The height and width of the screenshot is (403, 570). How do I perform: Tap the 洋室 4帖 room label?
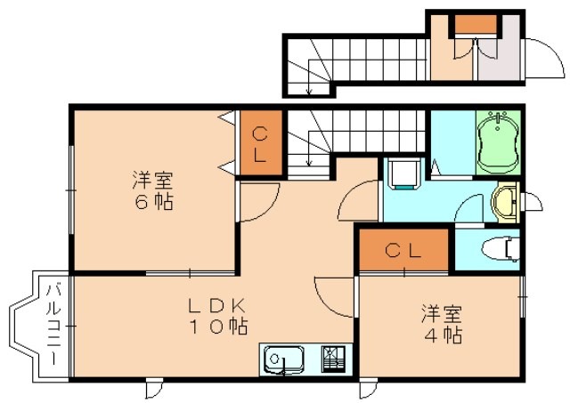tap(442, 325)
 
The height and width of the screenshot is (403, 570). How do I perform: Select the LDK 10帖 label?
tap(216, 316)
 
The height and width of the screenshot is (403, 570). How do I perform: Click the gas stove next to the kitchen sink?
tap(335, 359)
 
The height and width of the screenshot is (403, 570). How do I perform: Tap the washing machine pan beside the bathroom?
tap(405, 173)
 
